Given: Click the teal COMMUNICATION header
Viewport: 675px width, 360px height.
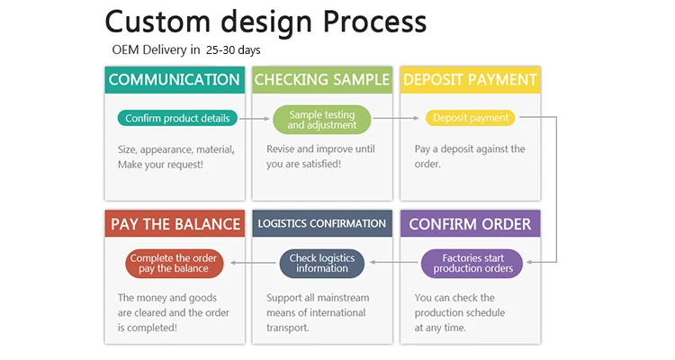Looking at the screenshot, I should click(175, 79).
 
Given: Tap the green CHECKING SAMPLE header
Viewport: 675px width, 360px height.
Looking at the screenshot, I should click(322, 79).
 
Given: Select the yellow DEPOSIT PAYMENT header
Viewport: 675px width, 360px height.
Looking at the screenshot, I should click(470, 79).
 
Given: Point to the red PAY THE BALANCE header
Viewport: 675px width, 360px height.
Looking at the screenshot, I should click(175, 223).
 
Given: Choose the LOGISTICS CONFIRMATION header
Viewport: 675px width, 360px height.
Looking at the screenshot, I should click(322, 223).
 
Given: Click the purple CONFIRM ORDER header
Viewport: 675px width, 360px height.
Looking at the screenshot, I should click(470, 223).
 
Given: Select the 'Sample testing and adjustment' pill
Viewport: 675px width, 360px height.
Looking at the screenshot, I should click(321, 120).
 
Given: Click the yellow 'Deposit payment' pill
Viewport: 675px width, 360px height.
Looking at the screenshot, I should click(470, 118).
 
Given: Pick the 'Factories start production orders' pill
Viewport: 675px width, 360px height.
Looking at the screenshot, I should click(472, 263).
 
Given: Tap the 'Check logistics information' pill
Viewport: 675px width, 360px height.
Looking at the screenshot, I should click(321, 263).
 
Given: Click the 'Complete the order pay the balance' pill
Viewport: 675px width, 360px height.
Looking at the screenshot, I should click(175, 263).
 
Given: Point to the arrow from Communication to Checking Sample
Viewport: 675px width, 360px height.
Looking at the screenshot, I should click(256, 118).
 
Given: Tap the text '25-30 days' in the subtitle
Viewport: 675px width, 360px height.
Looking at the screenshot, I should click(233, 49).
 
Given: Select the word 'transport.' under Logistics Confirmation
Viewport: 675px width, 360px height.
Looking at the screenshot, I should click(288, 327).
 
